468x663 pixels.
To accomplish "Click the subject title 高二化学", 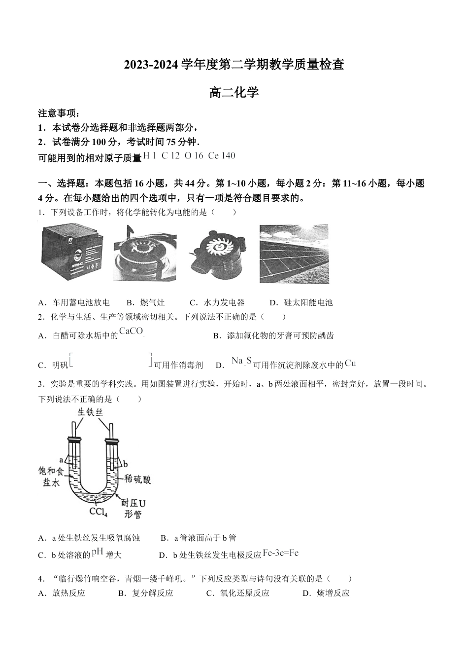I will (x=234, y=92).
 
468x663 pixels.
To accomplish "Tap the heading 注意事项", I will (x=59, y=113).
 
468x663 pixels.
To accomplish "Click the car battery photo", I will (x=71, y=253).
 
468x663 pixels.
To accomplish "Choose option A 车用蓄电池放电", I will (x=74, y=302).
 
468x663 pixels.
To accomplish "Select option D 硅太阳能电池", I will (x=301, y=302).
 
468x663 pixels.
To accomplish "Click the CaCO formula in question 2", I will (x=132, y=331).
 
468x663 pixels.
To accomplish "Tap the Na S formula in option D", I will (x=241, y=361).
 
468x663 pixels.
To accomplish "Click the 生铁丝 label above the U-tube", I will (x=90, y=412).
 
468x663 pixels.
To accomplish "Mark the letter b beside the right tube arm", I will (x=125, y=464).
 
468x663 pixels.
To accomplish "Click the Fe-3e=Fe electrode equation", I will (x=281, y=553).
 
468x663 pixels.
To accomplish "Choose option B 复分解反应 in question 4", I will (x=146, y=593).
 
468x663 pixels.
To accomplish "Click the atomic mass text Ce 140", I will (x=222, y=156).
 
